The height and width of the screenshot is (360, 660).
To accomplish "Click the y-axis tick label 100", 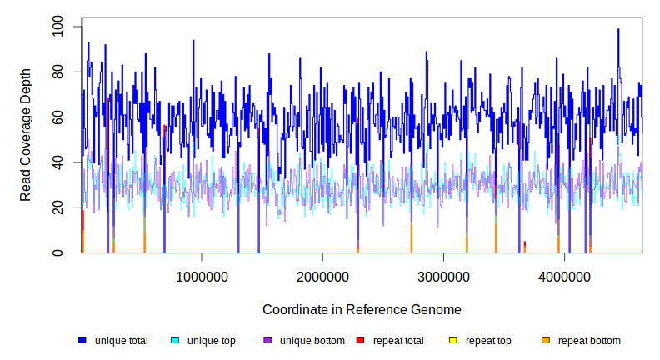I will click(x=57, y=28).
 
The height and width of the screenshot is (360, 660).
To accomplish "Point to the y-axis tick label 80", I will click(x=57, y=73).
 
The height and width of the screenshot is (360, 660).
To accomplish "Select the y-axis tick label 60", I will click(x=57, y=118).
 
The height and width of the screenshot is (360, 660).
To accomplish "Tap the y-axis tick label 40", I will click(x=57, y=163).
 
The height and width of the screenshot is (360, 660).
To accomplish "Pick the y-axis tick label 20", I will click(x=57, y=208).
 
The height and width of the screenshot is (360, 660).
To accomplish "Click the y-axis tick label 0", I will click(x=57, y=253).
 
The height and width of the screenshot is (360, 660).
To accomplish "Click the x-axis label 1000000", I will click(x=202, y=277).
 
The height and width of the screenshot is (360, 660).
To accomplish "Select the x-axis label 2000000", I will click(x=322, y=277).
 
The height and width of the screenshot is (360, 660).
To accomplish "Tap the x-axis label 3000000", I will click(x=443, y=277).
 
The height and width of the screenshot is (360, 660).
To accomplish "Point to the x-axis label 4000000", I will click(x=564, y=277).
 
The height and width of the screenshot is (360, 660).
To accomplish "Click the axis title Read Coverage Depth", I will click(x=26, y=135).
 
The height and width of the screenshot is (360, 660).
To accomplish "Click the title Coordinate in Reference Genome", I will click(x=362, y=310).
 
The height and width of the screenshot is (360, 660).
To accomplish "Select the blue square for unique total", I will click(x=82, y=341).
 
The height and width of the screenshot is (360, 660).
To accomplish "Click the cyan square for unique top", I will click(x=175, y=341).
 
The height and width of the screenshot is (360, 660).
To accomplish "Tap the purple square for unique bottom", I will click(x=267, y=341).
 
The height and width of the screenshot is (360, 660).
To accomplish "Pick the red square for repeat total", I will click(x=360, y=341).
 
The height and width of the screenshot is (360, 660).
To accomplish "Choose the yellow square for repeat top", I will click(x=452, y=341).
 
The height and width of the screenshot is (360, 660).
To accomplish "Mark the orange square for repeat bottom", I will click(x=545, y=341).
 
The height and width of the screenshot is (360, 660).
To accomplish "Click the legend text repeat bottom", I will click(x=589, y=341).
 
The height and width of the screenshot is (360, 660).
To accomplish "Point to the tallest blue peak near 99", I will click(x=618, y=30).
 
